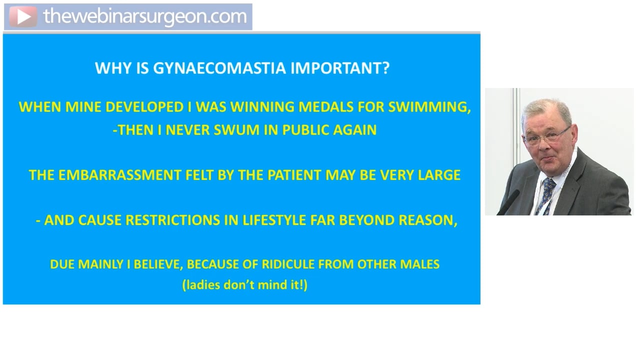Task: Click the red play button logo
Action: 22,17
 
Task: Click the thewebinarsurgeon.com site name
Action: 145,16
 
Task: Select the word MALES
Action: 418,264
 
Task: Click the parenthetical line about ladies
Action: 244,285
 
